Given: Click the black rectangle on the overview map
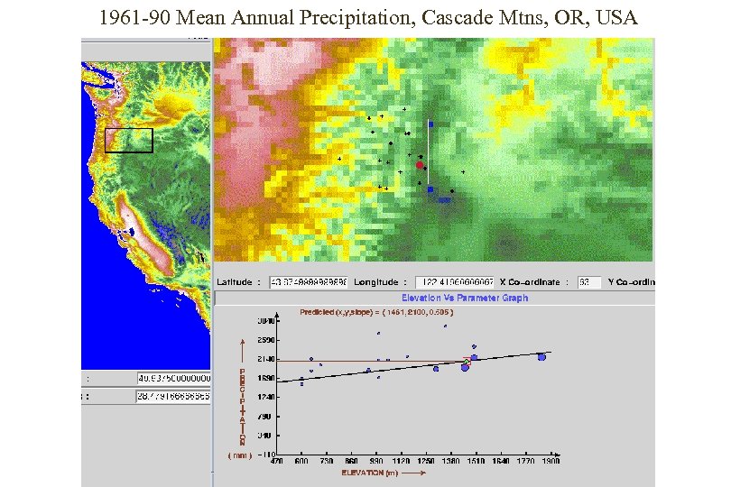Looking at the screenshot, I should pos(129,140).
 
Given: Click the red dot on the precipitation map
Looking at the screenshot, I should pos(420,165).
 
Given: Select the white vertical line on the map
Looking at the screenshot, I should pos(428,158).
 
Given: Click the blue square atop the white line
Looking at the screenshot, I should pos(431,124).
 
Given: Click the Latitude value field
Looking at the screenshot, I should pos(307,281).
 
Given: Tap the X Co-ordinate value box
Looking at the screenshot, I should pos(589,281).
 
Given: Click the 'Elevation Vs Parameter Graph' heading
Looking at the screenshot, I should pos(465,298).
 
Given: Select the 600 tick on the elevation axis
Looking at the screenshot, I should pos(301,461).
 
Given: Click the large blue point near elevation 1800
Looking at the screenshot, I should pos(541,357).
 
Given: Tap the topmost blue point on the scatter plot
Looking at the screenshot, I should pos(445,326).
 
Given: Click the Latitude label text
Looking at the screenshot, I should pos(235,281).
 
